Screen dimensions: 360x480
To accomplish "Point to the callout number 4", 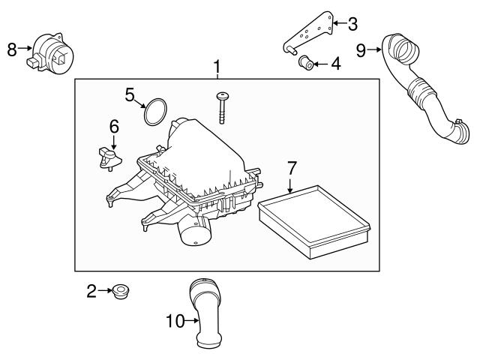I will (335, 64).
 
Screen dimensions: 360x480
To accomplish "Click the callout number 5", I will (130, 94).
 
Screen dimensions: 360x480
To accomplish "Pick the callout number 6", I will (114, 127).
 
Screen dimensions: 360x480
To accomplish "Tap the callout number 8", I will (11, 49).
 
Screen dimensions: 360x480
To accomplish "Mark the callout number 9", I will (361, 49).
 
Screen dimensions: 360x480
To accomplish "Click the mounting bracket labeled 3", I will (312, 34).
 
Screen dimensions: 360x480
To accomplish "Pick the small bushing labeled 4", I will (305, 63).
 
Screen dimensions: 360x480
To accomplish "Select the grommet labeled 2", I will (119, 292).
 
